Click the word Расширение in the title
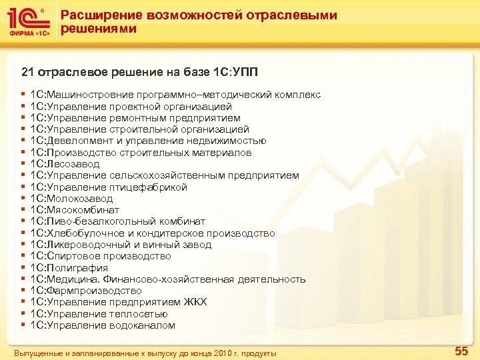[x=98, y=15]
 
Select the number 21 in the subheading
[x=28, y=71]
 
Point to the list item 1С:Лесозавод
[x=65, y=164]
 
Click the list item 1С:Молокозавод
[x=72, y=199]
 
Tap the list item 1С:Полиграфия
[x=69, y=268]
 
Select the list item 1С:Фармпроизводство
[x=86, y=291]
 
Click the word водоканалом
[x=143, y=325]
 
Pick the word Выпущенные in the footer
[x=36, y=352]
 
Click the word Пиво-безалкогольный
[x=88, y=221]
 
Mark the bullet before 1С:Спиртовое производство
[x=23, y=256]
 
